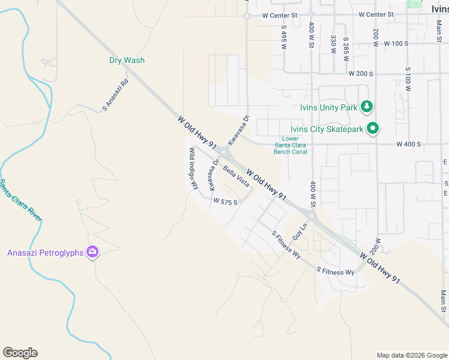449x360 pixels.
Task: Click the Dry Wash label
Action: pos(127,60)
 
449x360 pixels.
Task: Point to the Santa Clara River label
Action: pos(21,200)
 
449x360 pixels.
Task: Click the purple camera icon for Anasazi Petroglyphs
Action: pos(92,252)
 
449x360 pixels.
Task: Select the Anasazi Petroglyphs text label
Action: pos(45,253)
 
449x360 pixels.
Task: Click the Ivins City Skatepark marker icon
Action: pos(373,128)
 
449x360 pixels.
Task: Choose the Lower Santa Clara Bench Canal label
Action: pos(291,145)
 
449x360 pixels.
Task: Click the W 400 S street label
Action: pos(408,145)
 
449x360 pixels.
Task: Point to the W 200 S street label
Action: pos(361,73)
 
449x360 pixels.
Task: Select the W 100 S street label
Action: pos(396,44)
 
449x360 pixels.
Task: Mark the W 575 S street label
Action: pos(226,202)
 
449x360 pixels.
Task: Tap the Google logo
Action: pos(20,353)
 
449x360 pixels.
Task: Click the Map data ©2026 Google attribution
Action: pos(411,355)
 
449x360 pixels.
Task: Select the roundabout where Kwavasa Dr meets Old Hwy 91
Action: pos(223,152)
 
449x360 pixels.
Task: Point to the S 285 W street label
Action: pos(346,46)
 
